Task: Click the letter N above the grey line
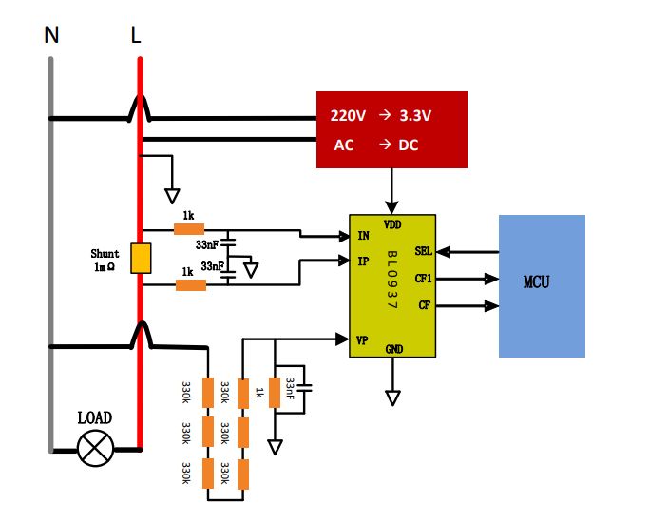coord(51,36)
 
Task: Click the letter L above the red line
coord(136,36)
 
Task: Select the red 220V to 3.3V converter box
coord(391,129)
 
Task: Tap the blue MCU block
coord(542,284)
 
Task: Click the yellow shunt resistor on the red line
coord(140,259)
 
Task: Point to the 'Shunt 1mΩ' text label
coord(105,261)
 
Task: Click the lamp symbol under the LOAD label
coord(95,447)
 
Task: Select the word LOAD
coord(95,417)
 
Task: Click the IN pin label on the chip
coord(363,235)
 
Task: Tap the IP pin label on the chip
coord(363,260)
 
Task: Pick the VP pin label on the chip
coord(363,338)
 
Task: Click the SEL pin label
coord(424,252)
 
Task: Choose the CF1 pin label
coord(424,280)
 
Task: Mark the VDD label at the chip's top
coord(391,224)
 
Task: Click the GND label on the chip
coord(393,349)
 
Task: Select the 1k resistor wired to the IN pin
coord(190,229)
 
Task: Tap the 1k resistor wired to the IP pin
coord(191,284)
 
